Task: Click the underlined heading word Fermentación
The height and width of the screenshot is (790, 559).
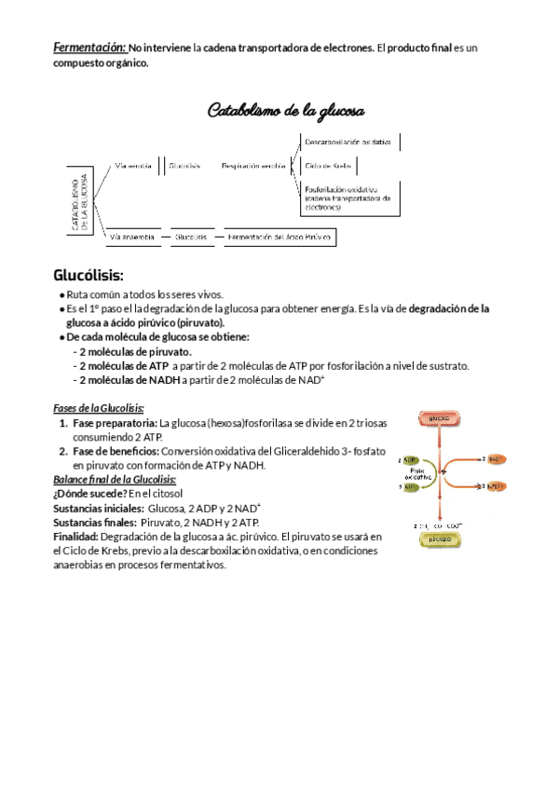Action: click(x=89, y=47)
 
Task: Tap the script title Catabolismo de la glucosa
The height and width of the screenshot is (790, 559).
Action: click(x=285, y=111)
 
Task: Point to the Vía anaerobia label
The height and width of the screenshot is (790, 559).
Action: click(x=132, y=238)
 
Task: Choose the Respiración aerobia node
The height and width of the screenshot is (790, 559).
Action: click(x=253, y=166)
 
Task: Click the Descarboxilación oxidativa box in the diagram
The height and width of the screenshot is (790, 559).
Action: click(x=349, y=143)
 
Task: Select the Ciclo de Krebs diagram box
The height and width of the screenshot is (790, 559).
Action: click(x=329, y=166)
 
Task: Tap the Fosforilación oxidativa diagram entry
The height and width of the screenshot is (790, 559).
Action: click(x=347, y=197)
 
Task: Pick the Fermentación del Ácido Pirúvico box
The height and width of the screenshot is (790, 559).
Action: click(x=279, y=238)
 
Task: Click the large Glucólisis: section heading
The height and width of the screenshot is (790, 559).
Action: click(x=89, y=276)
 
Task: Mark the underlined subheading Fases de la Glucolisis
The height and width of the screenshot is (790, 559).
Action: click(x=97, y=408)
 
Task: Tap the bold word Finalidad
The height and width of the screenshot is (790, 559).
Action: click(x=75, y=537)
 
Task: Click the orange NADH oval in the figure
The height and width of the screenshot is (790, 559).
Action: click(x=496, y=486)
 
